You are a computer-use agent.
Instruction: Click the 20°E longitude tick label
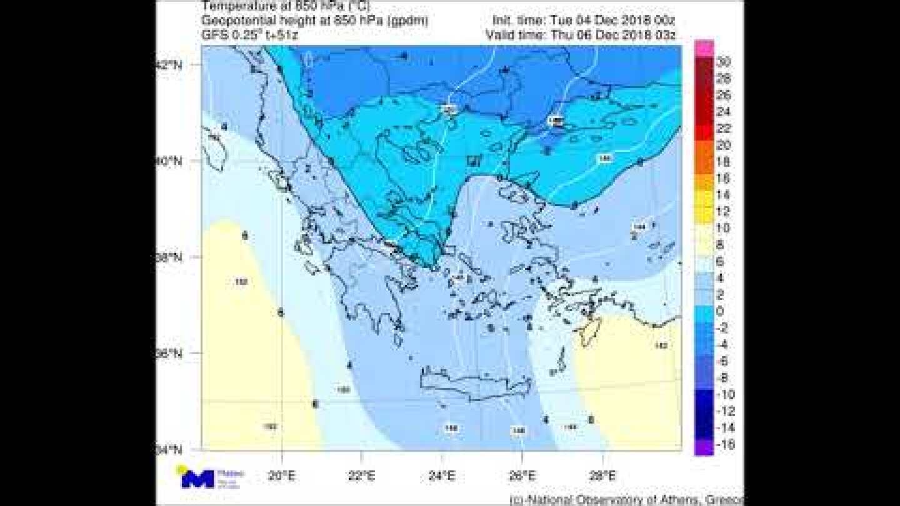click(x=282, y=476)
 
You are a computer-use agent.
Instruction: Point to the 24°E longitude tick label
click(x=442, y=476)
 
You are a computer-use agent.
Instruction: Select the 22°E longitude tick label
click(x=362, y=476)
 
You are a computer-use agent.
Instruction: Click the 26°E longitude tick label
click(x=522, y=476)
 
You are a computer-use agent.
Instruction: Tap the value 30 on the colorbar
click(x=724, y=62)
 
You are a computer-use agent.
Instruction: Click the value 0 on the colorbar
click(x=721, y=312)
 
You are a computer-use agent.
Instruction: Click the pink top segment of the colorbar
click(x=704, y=48)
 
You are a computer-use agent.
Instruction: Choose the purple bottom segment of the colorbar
click(x=704, y=447)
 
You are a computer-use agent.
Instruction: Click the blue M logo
click(x=197, y=479)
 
